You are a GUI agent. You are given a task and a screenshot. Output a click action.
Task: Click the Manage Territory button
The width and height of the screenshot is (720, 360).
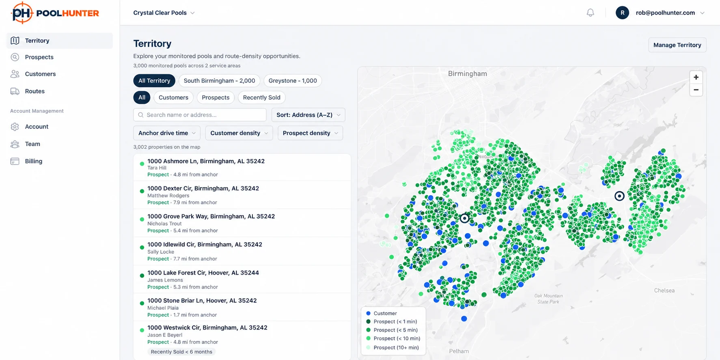(x=677, y=45)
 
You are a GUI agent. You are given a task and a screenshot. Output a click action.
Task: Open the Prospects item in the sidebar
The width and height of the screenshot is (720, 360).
(x=39, y=57)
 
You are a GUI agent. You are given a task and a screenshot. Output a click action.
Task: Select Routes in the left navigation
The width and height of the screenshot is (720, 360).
(x=34, y=91)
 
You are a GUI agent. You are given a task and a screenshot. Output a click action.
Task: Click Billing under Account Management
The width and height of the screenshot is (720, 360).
(x=33, y=161)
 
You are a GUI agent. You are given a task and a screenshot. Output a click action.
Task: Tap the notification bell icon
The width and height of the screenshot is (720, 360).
(x=590, y=13)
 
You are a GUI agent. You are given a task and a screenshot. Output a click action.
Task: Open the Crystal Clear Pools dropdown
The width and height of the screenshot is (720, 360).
(x=164, y=13)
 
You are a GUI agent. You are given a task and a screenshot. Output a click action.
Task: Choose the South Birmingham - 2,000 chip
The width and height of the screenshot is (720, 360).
(x=219, y=81)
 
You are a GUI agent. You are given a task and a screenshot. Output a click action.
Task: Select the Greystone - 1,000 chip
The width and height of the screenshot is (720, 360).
(x=293, y=81)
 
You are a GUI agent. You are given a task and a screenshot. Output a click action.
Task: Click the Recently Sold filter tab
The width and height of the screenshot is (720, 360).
(x=261, y=97)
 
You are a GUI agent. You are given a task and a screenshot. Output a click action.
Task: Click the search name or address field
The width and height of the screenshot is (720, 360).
(x=200, y=115)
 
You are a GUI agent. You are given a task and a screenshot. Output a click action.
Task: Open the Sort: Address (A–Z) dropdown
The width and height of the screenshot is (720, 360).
(x=308, y=115)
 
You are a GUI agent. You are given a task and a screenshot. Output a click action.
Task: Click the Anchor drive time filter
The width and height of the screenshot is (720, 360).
(x=167, y=133)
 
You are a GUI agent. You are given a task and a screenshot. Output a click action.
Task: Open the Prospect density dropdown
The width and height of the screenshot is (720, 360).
(x=310, y=133)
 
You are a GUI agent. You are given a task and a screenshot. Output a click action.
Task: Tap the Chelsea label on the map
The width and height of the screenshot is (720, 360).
(x=664, y=291)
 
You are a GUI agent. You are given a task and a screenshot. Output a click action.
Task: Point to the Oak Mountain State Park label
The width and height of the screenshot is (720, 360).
(x=548, y=299)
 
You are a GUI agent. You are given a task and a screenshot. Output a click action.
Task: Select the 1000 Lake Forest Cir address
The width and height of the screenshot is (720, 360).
(x=203, y=273)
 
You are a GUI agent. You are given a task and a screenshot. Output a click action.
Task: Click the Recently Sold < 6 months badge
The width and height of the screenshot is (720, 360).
(x=181, y=352)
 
